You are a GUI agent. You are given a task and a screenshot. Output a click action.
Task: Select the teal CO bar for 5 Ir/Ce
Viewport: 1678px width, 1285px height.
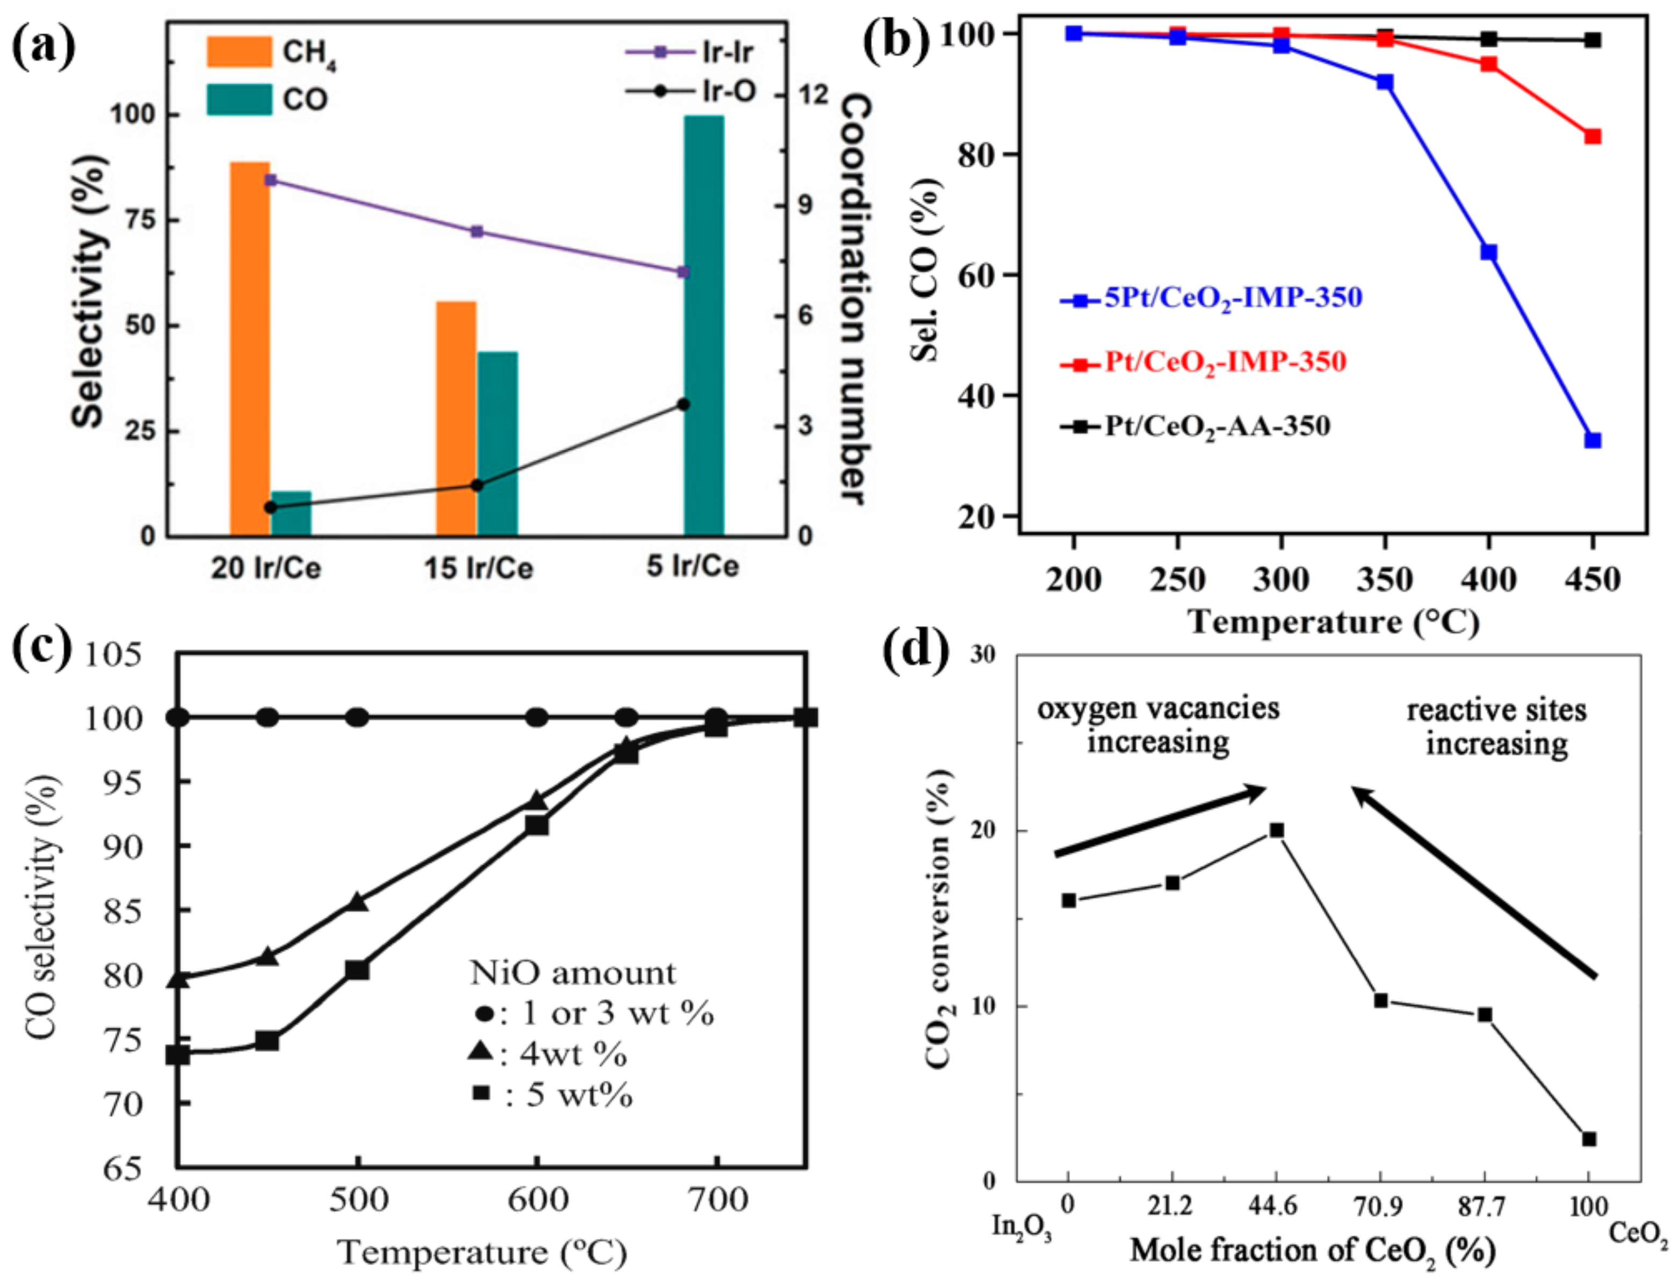click(703, 325)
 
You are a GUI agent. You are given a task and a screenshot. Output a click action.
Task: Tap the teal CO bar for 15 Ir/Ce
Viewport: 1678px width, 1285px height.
click(497, 444)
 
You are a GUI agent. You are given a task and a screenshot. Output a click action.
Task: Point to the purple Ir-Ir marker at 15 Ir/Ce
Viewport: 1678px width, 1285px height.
click(476, 232)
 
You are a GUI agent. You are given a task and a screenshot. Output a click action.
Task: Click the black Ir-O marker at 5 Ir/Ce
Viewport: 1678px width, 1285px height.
click(684, 405)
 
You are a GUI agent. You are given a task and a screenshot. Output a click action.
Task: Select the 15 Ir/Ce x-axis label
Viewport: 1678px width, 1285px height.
click(478, 567)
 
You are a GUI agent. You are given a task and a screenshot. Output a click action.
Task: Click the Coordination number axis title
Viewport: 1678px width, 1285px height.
click(854, 298)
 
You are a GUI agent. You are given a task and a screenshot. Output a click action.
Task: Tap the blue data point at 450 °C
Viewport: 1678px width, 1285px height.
click(1593, 441)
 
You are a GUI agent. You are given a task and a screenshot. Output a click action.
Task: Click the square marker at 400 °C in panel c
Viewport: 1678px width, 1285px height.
click(178, 1055)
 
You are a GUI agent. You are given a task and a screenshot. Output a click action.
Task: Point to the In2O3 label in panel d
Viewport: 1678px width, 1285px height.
click(1021, 1228)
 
